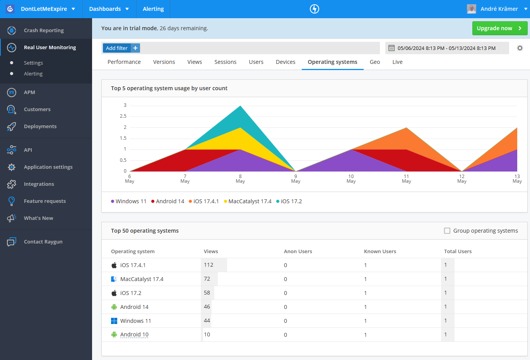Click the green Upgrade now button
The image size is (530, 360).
click(x=499, y=28)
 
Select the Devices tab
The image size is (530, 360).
click(x=286, y=62)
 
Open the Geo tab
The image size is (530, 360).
click(x=374, y=62)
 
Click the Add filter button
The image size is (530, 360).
click(x=117, y=48)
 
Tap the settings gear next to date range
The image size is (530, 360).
click(x=520, y=48)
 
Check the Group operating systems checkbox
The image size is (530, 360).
click(x=447, y=231)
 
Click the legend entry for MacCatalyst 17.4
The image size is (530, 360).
click(x=250, y=201)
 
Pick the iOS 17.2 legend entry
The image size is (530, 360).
click(x=291, y=201)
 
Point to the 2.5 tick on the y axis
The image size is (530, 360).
click(x=123, y=116)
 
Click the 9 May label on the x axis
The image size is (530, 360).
click(x=296, y=179)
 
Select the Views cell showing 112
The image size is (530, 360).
click(x=209, y=265)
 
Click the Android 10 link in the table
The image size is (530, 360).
click(x=134, y=335)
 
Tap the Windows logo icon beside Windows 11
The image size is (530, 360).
click(x=114, y=321)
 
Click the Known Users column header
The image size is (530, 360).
click(x=380, y=252)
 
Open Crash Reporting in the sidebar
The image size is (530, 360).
click(x=44, y=30)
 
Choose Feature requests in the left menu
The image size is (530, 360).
click(x=45, y=201)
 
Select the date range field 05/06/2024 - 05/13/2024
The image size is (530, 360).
click(x=446, y=48)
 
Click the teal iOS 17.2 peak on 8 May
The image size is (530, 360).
click(x=240, y=114)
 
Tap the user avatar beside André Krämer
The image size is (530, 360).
click(x=472, y=9)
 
